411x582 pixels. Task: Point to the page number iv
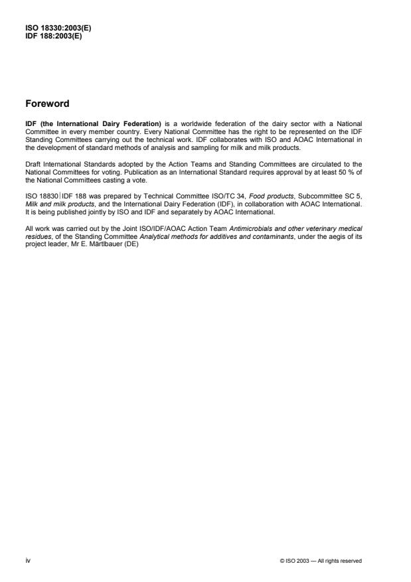tap(28, 560)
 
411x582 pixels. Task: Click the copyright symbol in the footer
tap(284, 561)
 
